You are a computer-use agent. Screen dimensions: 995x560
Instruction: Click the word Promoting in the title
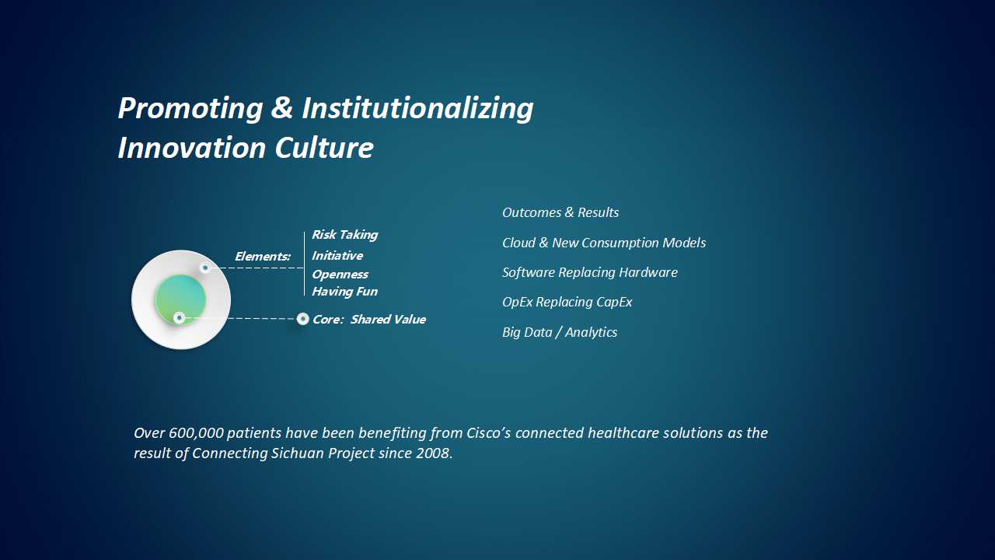pyautogui.click(x=190, y=108)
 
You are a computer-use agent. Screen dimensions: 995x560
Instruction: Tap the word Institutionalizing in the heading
pyautogui.click(x=417, y=108)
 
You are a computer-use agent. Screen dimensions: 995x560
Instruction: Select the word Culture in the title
pyautogui.click(x=324, y=148)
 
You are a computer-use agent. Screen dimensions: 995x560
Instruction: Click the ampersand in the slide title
pyautogui.click(x=281, y=107)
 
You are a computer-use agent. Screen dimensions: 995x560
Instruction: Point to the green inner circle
pyautogui.click(x=180, y=299)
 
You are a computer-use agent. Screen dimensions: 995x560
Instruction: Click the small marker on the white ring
pyautogui.click(x=204, y=268)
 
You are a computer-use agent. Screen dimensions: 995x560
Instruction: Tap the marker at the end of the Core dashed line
pyautogui.click(x=302, y=319)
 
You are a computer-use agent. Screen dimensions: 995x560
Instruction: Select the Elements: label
pyautogui.click(x=263, y=257)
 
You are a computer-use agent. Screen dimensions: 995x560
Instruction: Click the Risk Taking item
pyautogui.click(x=344, y=235)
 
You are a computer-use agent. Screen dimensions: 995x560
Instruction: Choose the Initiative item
pyautogui.click(x=337, y=256)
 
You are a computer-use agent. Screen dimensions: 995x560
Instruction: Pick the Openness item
pyautogui.click(x=340, y=275)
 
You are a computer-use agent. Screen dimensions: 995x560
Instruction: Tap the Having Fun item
pyautogui.click(x=344, y=292)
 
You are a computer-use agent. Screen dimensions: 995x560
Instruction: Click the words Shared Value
pyautogui.click(x=388, y=319)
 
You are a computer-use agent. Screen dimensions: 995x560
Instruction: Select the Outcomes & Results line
pyautogui.click(x=560, y=212)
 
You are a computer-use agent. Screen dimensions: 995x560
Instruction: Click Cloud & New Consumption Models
pyautogui.click(x=604, y=243)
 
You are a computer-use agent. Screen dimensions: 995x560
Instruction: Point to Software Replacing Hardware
pyautogui.click(x=590, y=272)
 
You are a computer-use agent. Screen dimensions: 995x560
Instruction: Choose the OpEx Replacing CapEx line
pyautogui.click(x=567, y=303)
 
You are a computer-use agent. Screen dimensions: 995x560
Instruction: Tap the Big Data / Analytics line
pyautogui.click(x=560, y=332)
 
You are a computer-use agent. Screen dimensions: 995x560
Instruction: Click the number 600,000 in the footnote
pyautogui.click(x=196, y=433)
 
